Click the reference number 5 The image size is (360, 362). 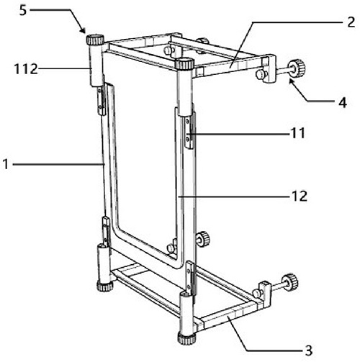23,11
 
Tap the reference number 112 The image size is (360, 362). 26,69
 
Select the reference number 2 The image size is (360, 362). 351,22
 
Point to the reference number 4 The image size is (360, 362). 343,103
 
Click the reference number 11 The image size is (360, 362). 298,133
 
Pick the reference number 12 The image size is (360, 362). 299,196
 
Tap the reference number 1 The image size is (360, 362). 6,165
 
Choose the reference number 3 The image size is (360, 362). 309,350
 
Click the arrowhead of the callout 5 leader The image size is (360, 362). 83,30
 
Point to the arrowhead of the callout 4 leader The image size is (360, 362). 292,81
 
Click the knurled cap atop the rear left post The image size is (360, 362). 95,40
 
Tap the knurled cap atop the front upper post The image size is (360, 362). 184,64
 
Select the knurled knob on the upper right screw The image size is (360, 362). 297,67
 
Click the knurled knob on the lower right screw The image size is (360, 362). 290,281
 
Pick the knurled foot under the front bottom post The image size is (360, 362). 186,338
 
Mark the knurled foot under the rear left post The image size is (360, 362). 104,286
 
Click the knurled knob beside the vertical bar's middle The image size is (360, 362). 203,239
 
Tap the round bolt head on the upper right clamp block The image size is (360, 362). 260,75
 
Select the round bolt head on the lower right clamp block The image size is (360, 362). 257,293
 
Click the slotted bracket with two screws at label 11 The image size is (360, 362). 189,132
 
